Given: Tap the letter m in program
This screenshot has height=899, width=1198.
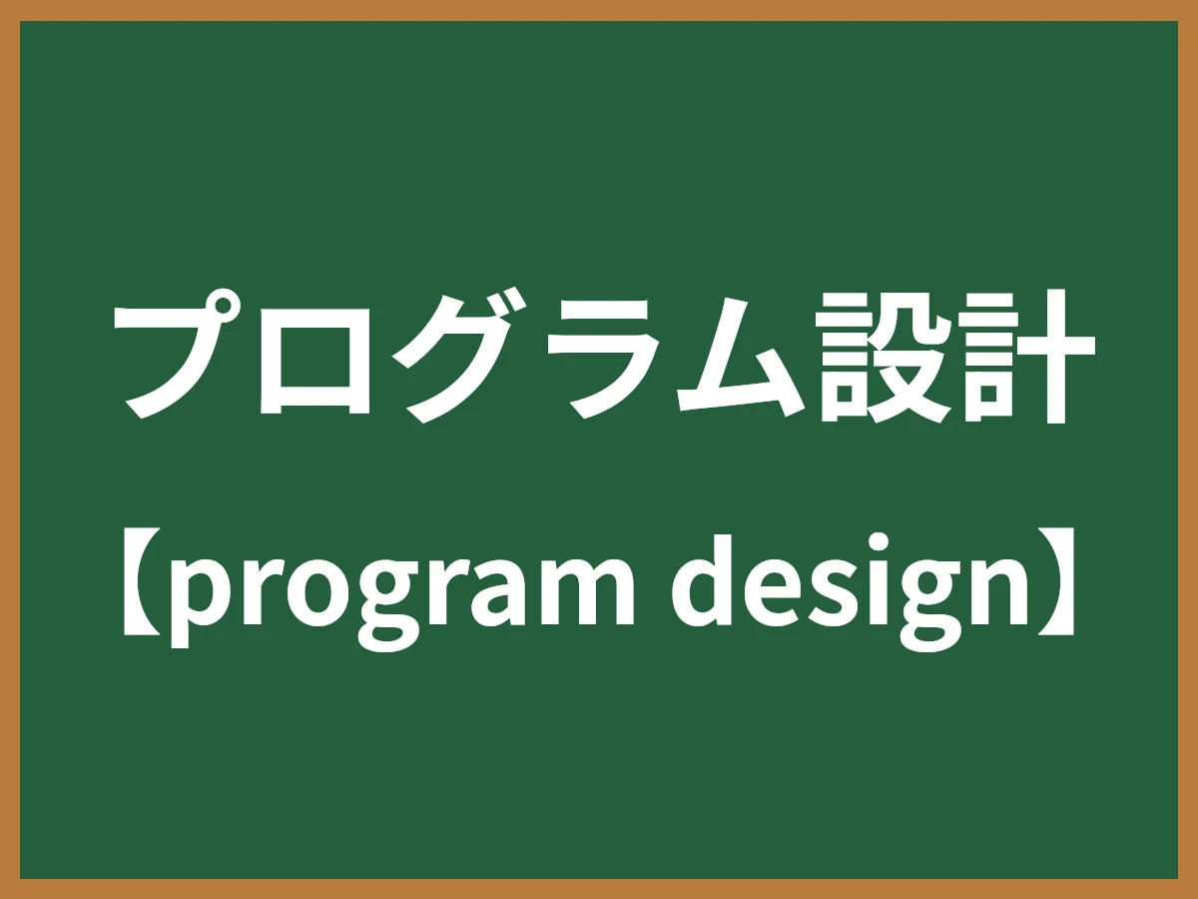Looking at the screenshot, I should [x=585, y=594].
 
